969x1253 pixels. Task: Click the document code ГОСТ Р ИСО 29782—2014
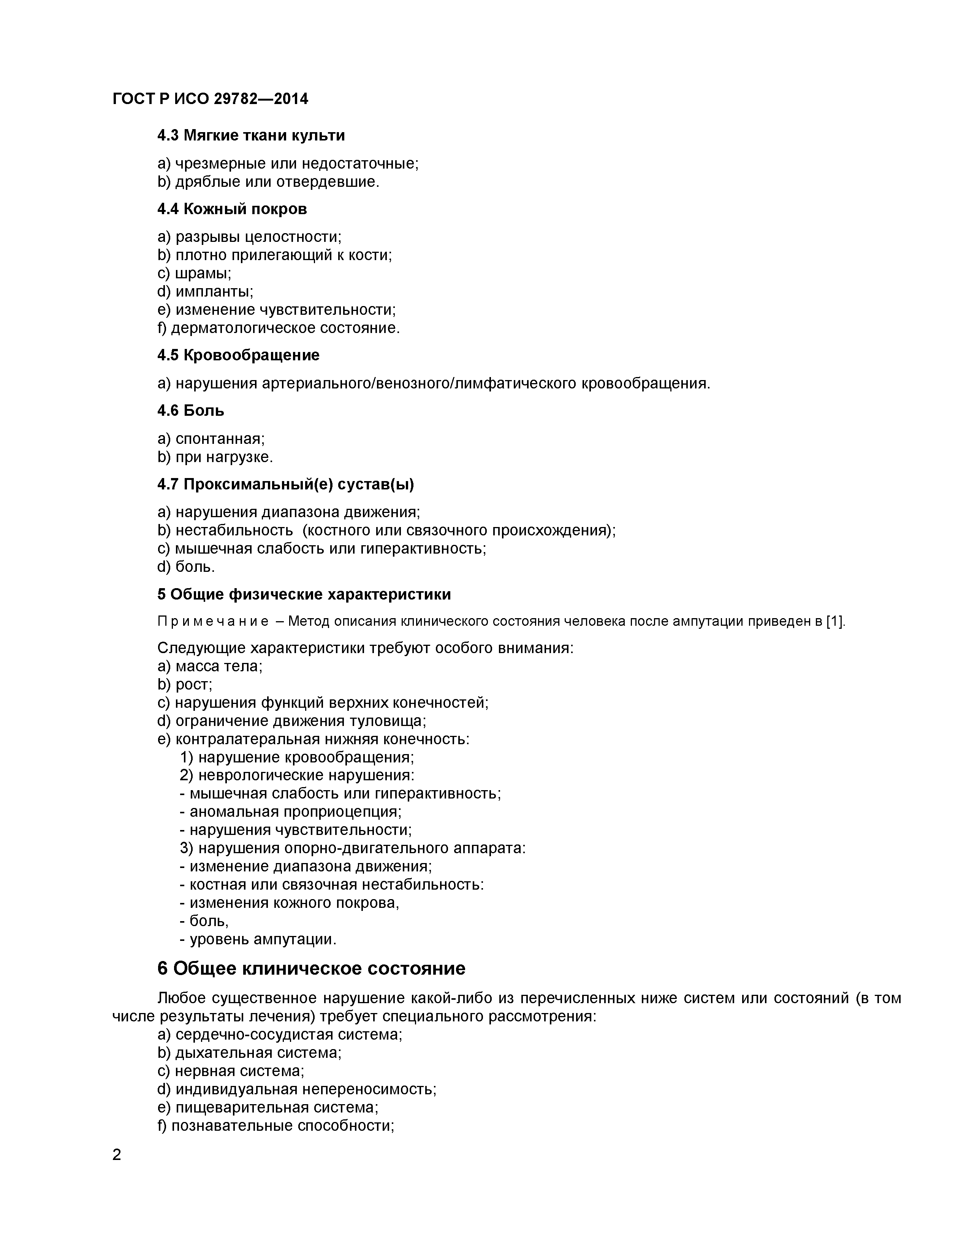point(210,99)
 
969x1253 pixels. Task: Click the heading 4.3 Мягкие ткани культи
point(251,136)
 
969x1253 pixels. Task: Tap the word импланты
point(214,292)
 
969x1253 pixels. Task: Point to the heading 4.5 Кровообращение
point(238,355)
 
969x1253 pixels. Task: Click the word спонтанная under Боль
point(219,439)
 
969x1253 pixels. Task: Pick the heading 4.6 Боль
point(191,411)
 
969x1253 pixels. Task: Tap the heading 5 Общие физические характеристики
point(304,594)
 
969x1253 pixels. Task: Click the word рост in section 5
point(193,685)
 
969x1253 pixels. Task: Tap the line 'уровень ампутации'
point(262,939)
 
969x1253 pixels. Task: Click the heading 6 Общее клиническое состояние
point(311,969)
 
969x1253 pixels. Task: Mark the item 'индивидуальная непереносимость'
point(306,1089)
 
